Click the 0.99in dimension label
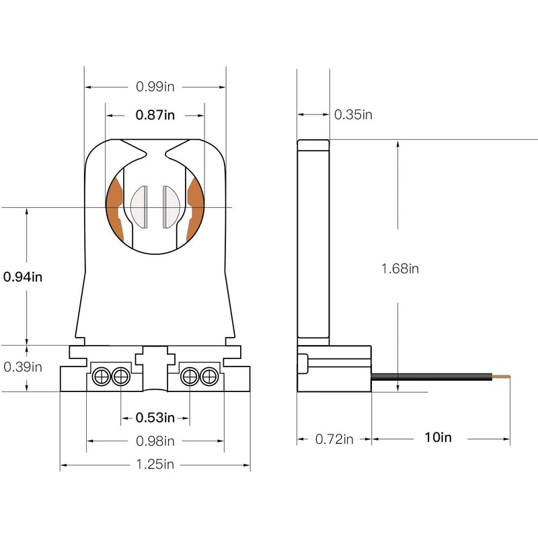(x=155, y=87)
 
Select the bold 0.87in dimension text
(x=155, y=114)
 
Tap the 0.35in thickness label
(x=353, y=114)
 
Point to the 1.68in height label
(x=400, y=268)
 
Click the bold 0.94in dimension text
(x=23, y=277)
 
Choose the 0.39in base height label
(x=23, y=367)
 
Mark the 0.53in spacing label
(x=155, y=418)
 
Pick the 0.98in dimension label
(x=155, y=441)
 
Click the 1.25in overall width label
(x=155, y=464)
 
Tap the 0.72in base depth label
(x=334, y=439)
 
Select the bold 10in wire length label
(x=438, y=438)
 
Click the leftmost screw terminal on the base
(x=102, y=377)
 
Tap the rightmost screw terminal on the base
(x=209, y=377)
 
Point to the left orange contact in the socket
(x=114, y=209)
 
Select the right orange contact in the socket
(x=196, y=209)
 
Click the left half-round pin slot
(x=140, y=207)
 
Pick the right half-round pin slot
(x=171, y=207)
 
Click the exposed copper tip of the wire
(x=501, y=377)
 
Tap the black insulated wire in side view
(x=432, y=377)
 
